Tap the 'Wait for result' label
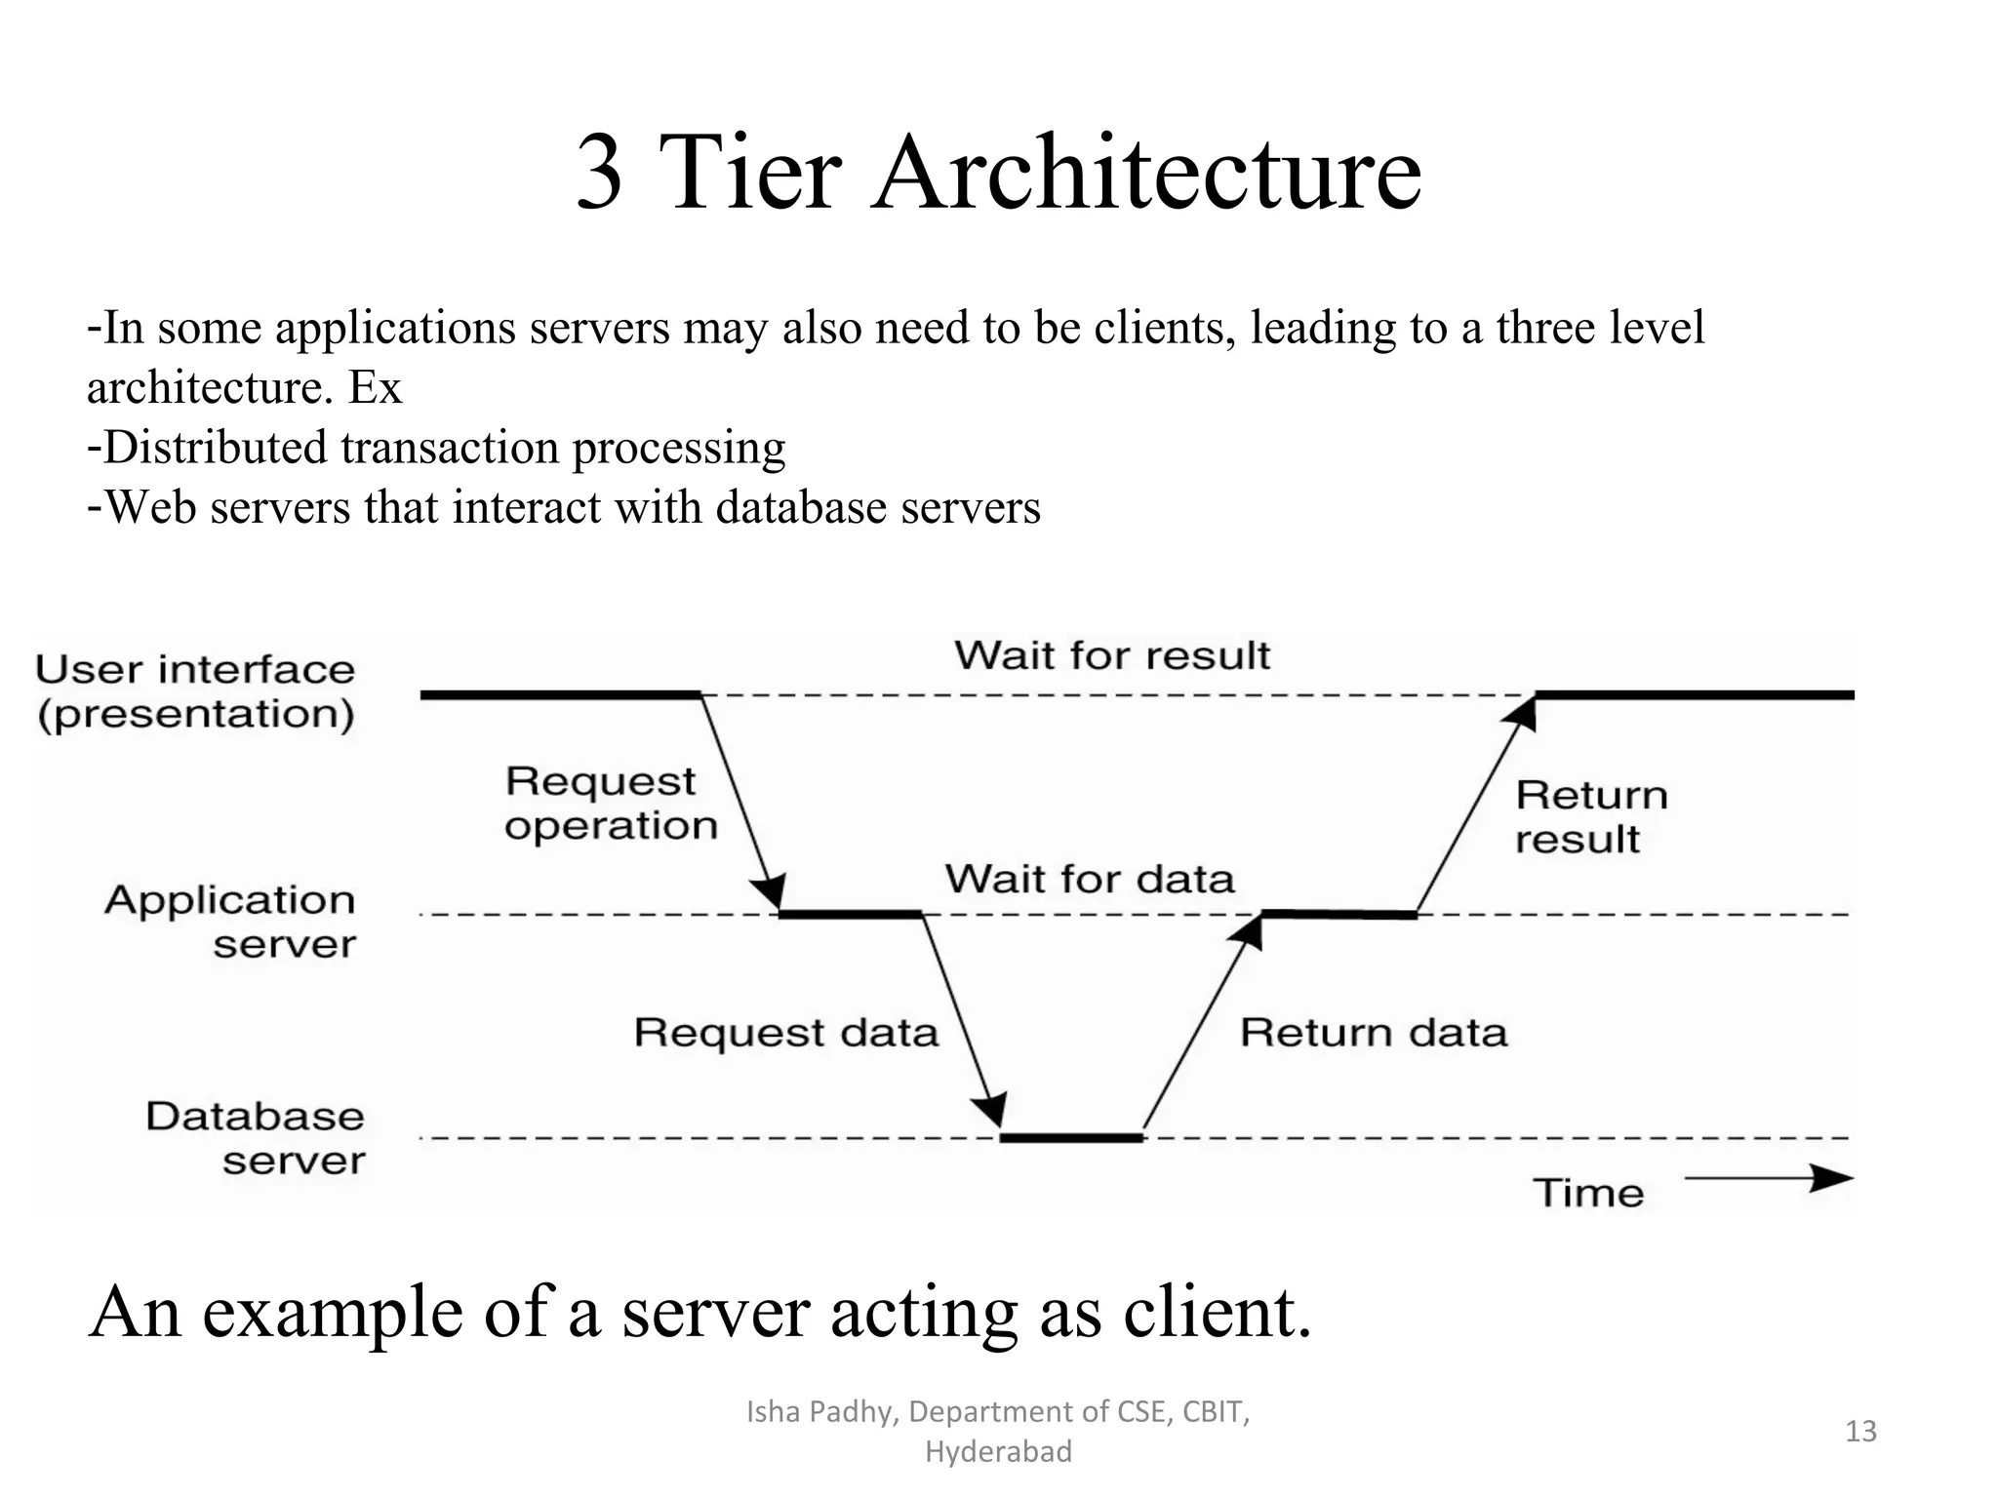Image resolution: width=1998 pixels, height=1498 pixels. coord(1111,655)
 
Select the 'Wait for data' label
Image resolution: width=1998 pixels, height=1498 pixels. coord(1089,879)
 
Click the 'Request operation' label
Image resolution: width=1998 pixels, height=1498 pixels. coord(611,804)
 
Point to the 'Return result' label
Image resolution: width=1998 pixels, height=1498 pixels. coord(1590,817)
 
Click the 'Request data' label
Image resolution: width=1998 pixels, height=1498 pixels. coord(785,1032)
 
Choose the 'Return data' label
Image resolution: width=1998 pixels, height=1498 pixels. coord(1373,1032)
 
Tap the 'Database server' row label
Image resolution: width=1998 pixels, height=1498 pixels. coord(256,1138)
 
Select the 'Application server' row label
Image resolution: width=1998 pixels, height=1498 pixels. coord(230,922)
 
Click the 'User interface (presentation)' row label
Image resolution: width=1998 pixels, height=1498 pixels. coord(195,691)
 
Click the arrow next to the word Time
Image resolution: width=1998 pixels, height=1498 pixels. coord(1768,1178)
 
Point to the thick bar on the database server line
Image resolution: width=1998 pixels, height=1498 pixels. coord(1071,1137)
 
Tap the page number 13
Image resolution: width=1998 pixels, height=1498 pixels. coord(1860,1431)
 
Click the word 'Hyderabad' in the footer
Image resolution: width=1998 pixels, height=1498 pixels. coord(998,1452)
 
